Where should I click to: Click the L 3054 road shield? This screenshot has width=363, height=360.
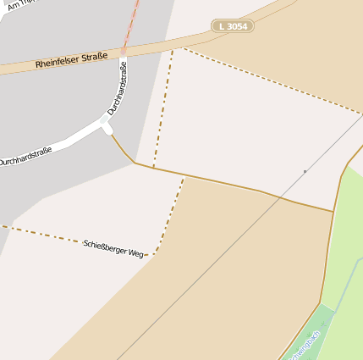point(233,26)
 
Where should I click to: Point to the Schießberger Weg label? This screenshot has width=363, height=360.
point(113,248)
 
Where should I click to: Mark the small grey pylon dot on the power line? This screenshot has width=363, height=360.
point(305,171)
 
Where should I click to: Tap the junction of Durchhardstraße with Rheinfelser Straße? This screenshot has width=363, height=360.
point(124,53)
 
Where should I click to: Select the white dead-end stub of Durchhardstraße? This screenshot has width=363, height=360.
point(107,127)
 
